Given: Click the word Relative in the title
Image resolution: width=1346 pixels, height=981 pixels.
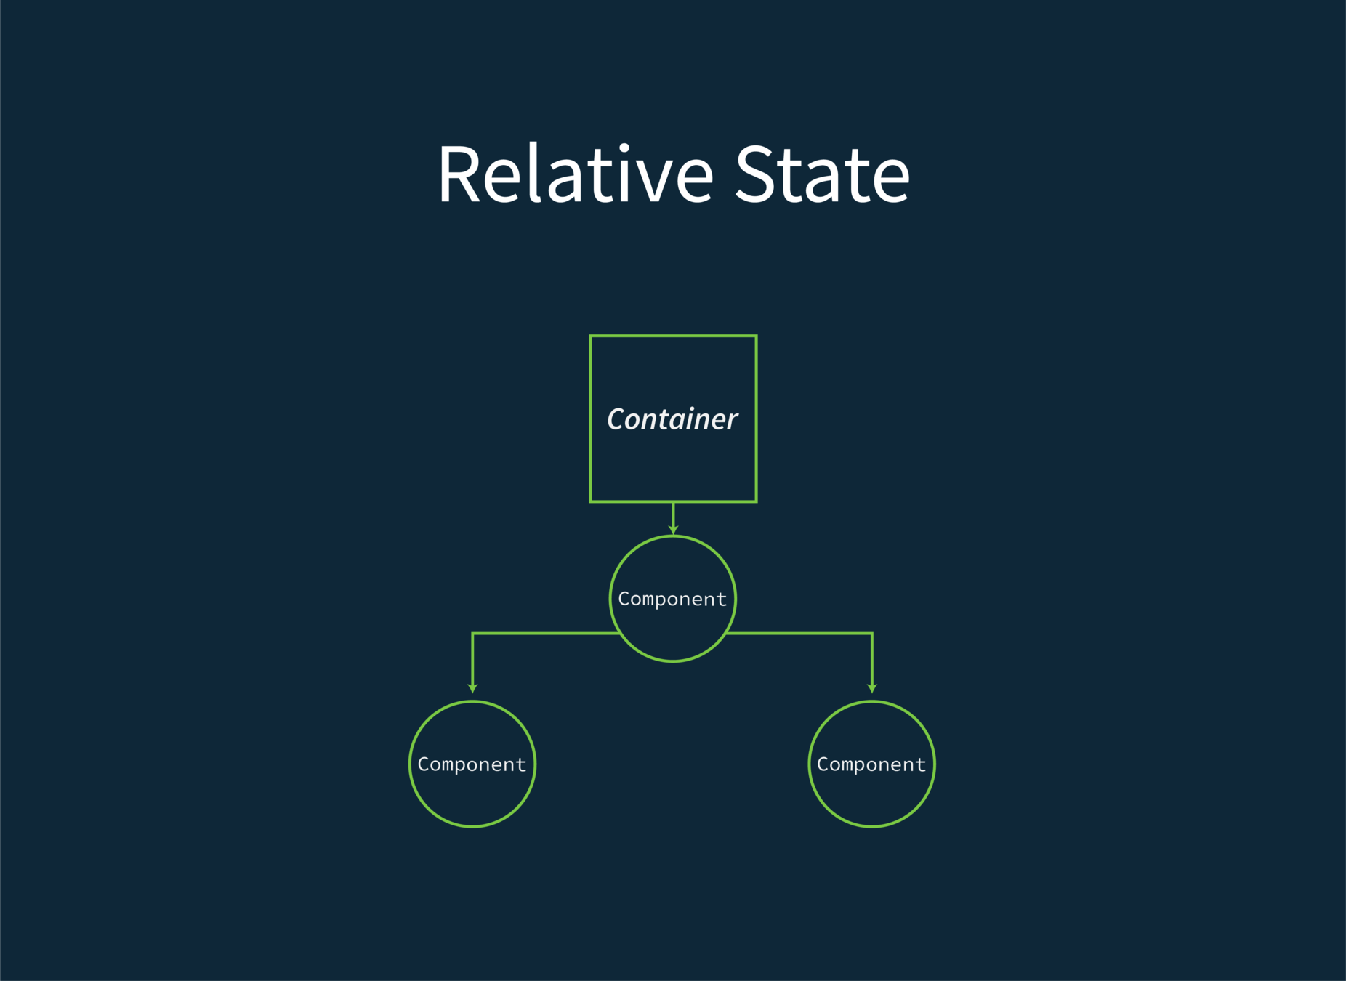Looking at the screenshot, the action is click(x=575, y=174).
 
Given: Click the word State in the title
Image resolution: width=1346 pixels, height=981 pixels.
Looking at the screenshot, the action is click(x=822, y=174).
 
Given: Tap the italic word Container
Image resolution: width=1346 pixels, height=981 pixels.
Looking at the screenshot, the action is click(x=672, y=419).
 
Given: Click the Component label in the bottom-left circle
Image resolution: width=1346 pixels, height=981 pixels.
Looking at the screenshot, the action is click(x=472, y=764).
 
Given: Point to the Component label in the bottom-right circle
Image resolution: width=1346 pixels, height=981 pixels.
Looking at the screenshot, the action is click(x=871, y=764).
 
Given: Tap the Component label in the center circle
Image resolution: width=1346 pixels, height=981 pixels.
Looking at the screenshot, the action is click(x=672, y=599).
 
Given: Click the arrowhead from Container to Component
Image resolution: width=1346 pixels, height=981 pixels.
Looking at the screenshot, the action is click(x=674, y=530).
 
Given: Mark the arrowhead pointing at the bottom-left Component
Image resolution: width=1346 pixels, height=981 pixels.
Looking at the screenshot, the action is click(x=472, y=687).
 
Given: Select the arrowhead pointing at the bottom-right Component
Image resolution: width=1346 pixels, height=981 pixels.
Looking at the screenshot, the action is click(x=872, y=687).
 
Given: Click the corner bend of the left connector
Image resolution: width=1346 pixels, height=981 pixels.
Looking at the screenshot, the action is click(x=473, y=634).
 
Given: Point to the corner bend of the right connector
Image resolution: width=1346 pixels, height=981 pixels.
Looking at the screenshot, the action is click(x=871, y=634).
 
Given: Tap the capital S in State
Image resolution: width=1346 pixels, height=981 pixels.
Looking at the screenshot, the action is click(x=754, y=174).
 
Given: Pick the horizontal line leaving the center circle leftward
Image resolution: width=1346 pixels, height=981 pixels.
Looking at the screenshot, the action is click(x=545, y=634).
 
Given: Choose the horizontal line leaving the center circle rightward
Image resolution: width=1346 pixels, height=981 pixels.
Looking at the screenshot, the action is click(x=799, y=634).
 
